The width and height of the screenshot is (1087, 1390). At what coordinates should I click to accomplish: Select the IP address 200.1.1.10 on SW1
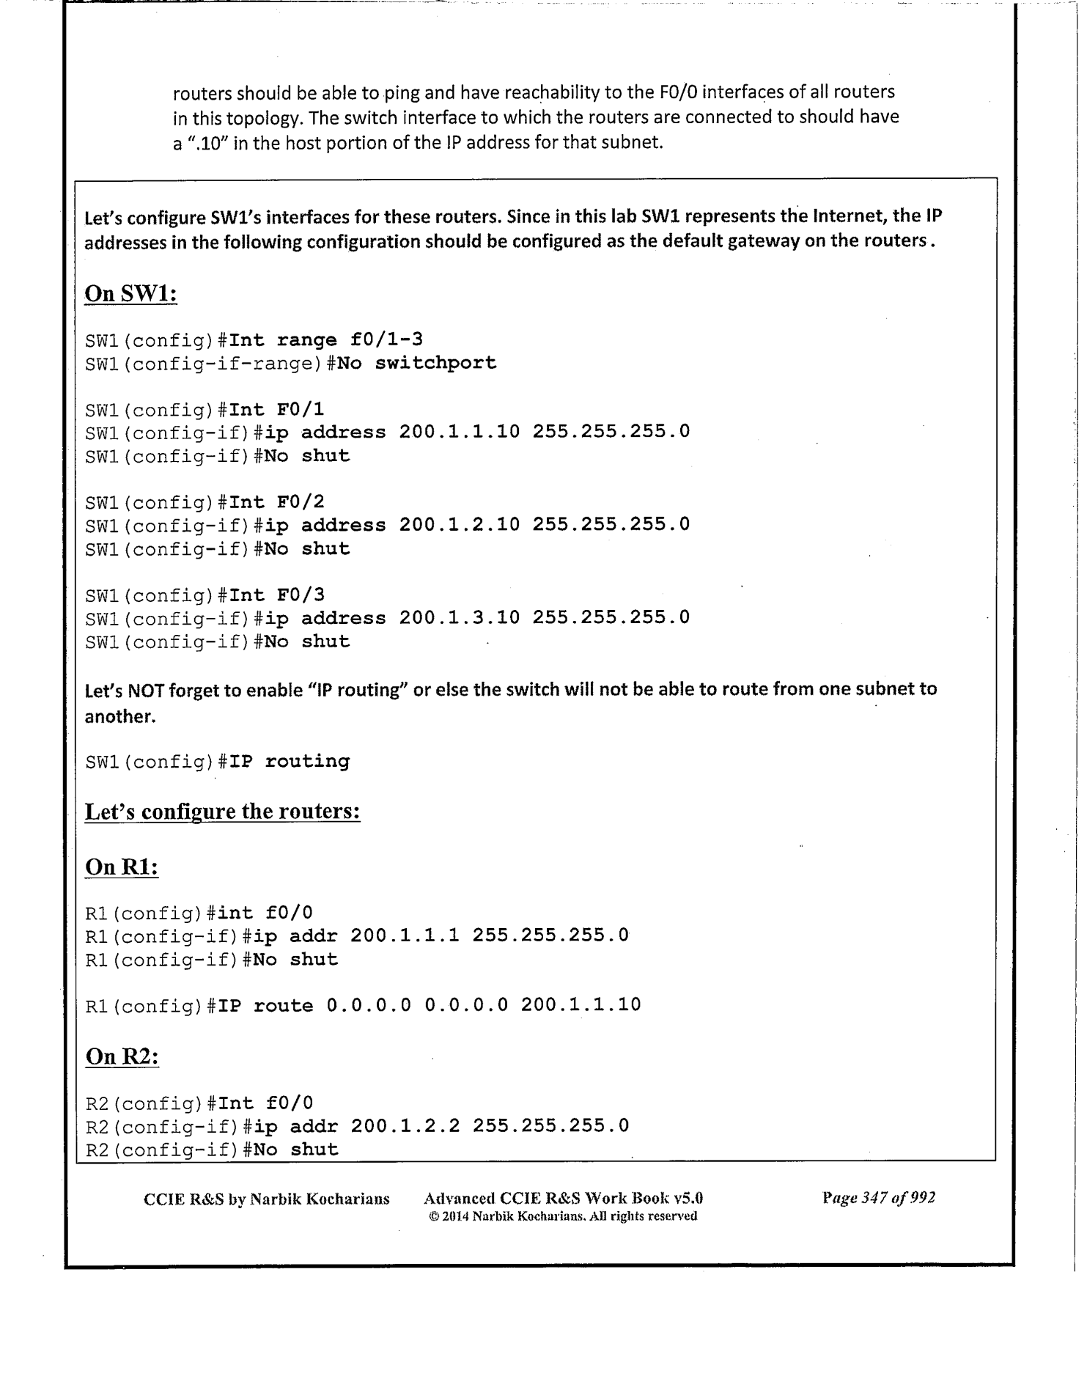pyautogui.click(x=460, y=432)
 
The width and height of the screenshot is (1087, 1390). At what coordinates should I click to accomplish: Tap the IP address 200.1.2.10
pyautogui.click(x=460, y=525)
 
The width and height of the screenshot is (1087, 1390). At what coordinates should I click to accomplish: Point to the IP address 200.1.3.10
pyautogui.click(x=460, y=617)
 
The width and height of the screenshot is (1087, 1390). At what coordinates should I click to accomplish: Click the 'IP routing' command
pyautogui.click(x=290, y=762)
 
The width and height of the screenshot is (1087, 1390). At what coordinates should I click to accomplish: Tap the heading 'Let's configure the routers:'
pyautogui.click(x=223, y=812)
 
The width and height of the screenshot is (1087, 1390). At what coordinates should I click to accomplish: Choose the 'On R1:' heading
pyautogui.click(x=122, y=867)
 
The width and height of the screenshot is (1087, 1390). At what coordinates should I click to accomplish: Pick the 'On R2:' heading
pyautogui.click(x=122, y=1056)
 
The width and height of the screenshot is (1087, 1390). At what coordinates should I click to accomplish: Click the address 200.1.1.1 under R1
pyautogui.click(x=405, y=936)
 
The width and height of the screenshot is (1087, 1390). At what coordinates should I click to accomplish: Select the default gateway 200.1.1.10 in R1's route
pyautogui.click(x=581, y=1005)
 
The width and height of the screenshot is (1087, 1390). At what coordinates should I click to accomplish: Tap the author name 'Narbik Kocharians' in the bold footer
pyautogui.click(x=320, y=1199)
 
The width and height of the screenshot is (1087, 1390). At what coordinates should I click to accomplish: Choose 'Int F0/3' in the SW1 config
pyautogui.click(x=277, y=595)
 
